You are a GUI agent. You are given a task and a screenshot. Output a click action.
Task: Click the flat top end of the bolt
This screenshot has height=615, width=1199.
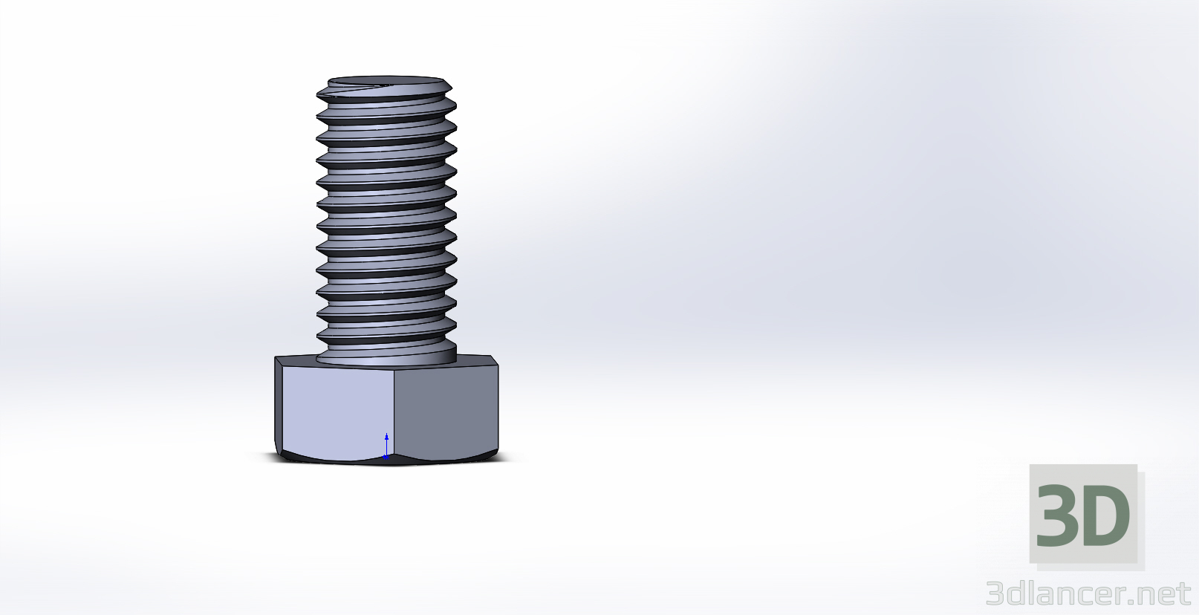tap(386, 79)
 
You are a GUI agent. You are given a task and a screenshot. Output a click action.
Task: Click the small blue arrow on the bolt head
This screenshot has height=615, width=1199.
tap(386, 445)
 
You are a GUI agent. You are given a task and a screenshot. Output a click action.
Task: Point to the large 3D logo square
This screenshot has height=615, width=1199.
tap(1083, 514)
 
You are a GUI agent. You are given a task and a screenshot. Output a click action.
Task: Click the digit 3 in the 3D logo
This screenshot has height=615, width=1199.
tap(1058, 515)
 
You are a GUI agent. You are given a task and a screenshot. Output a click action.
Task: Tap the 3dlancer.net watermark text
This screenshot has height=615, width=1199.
tap(1088, 594)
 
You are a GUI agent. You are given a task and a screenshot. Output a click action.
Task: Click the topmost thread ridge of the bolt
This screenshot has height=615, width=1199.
tap(386, 92)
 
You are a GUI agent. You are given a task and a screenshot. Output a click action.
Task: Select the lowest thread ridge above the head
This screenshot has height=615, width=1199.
tap(386, 342)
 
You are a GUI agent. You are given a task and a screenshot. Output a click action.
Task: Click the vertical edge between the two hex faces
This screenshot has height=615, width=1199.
tap(393, 412)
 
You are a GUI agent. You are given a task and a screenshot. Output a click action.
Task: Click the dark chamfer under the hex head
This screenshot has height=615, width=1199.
tap(386, 461)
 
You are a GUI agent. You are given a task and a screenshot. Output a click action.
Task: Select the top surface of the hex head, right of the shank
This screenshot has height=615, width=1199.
tap(475, 360)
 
